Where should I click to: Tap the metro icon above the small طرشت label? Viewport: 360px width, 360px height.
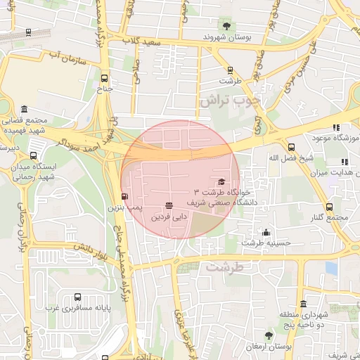tap(230, 70)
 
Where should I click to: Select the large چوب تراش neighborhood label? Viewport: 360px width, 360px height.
tap(229, 101)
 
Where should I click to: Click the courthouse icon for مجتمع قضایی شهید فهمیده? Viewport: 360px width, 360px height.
tap(25, 110)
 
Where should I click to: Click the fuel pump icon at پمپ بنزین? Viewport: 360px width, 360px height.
tap(124, 197)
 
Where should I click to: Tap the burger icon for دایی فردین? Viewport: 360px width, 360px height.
tap(169, 205)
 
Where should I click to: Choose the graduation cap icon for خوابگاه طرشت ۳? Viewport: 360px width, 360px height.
tap(223, 181)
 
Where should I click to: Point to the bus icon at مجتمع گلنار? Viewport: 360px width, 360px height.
tap(330, 207)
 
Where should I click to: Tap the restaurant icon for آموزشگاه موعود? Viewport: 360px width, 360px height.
tap(336, 127)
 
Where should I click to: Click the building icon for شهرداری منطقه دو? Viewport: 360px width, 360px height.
tap(304, 304)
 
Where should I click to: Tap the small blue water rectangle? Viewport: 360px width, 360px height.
tap(331, 268)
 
